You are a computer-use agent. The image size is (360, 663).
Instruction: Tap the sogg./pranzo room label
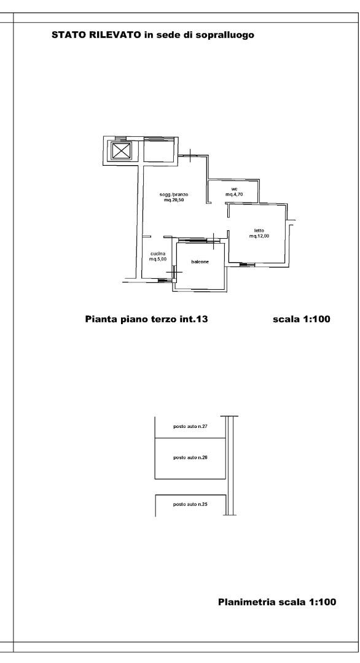[x=173, y=195]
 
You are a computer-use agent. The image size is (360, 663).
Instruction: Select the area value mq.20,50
[x=173, y=200]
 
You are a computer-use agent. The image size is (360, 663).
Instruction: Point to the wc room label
[x=234, y=189]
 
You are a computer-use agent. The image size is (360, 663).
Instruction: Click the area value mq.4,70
[x=234, y=195]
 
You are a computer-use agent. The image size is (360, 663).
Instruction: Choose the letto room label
[x=259, y=230]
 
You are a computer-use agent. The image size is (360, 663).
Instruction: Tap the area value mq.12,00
[x=259, y=236]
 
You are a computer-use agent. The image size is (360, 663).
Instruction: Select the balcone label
[x=200, y=262]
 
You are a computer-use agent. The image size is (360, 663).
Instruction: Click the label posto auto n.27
[x=190, y=426]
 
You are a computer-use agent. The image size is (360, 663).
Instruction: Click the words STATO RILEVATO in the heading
[x=96, y=35]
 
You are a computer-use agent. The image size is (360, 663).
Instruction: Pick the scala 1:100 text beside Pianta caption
[x=302, y=319]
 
